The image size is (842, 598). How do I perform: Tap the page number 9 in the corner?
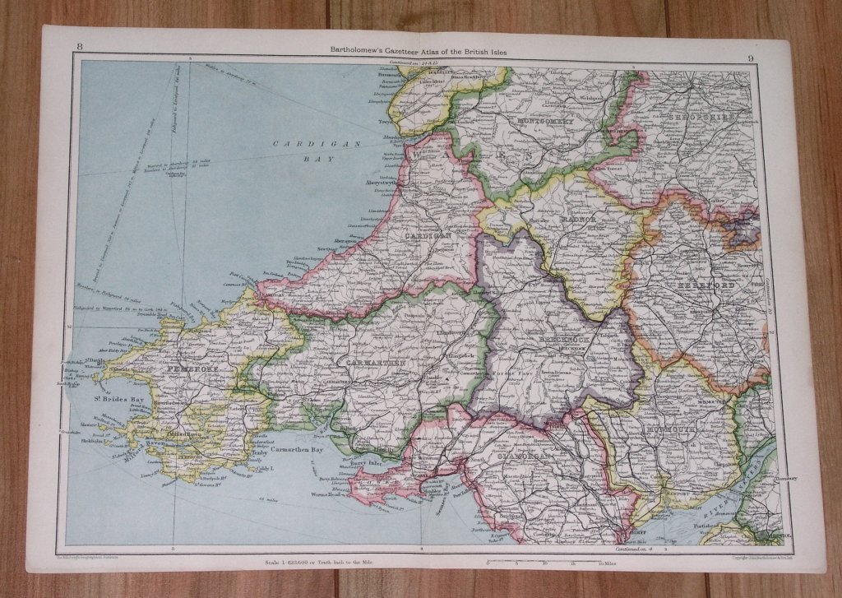[x=752, y=57]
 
